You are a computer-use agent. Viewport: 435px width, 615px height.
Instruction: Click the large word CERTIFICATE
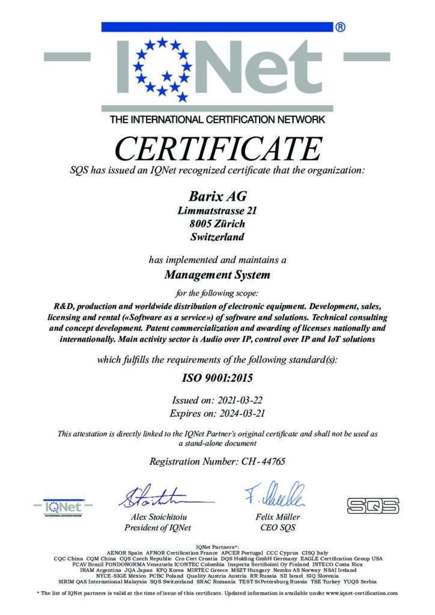[x=218, y=150]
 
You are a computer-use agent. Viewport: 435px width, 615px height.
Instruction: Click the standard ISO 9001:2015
[x=217, y=378]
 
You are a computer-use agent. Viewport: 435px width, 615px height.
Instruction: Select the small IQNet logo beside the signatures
[x=64, y=507]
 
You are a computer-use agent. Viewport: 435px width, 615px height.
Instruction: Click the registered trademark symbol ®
[x=339, y=27]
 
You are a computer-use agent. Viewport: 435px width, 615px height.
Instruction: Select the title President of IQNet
[x=157, y=528]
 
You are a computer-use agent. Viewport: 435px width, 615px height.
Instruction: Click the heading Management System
[x=217, y=276]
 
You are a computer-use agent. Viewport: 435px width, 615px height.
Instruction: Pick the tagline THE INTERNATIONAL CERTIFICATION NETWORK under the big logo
[x=217, y=119]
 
